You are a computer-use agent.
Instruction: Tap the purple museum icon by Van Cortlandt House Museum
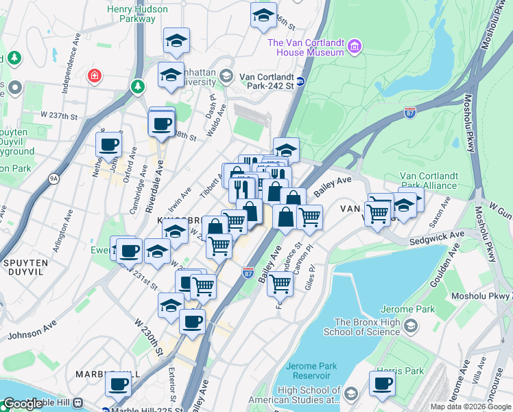[355, 47]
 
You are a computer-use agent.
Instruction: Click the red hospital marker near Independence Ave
[94, 75]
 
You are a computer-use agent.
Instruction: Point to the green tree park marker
[138, 87]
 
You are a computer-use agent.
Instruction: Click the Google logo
[23, 404]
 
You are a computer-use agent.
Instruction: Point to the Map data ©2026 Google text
[470, 407]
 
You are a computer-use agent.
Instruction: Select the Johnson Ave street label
[32, 332]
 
